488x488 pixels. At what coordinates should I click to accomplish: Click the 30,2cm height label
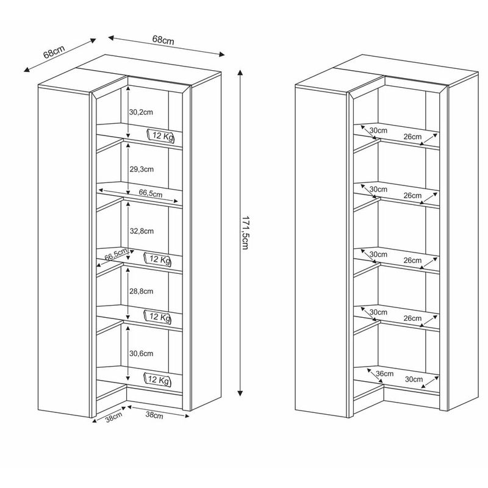click(x=141, y=112)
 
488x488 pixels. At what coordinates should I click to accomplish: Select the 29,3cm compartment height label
click(x=142, y=170)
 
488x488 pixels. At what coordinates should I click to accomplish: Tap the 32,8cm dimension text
click(x=142, y=231)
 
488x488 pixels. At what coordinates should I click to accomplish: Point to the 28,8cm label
click(x=142, y=292)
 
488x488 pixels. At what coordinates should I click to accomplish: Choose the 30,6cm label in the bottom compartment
click(x=142, y=354)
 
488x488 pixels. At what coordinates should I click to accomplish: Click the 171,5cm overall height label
click(x=245, y=232)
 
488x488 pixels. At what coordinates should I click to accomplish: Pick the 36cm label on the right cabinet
click(x=385, y=373)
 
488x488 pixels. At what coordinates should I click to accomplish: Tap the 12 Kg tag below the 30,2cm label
click(x=160, y=136)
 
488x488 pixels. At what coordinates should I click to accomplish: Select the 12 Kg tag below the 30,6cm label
click(x=158, y=379)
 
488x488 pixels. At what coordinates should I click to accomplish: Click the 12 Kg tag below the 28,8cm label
click(x=158, y=317)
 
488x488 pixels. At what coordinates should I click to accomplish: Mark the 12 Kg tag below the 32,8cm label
click(x=158, y=259)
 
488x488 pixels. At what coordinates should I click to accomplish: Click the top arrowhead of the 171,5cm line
click(x=240, y=73)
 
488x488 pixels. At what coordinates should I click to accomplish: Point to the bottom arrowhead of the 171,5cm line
click(x=240, y=393)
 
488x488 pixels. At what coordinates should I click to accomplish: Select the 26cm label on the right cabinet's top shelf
click(x=412, y=137)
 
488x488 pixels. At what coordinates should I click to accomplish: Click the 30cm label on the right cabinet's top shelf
click(x=378, y=131)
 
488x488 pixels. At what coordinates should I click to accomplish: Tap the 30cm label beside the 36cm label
click(x=414, y=379)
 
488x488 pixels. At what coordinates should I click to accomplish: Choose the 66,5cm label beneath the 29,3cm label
click(x=151, y=193)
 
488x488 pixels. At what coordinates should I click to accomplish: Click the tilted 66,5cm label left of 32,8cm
click(x=116, y=254)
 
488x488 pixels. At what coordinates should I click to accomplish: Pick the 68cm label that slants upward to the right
click(x=54, y=52)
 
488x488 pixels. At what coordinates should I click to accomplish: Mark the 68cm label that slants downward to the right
click(x=163, y=40)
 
